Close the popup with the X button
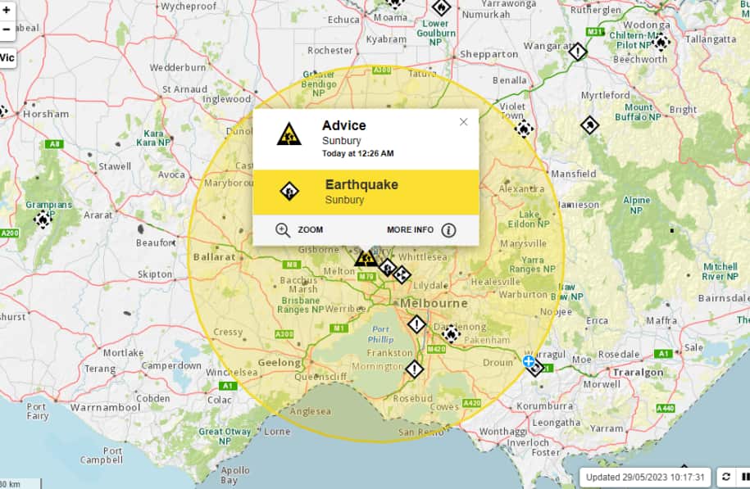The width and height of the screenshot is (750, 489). point(463,122)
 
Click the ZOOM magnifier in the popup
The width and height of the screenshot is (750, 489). point(283,230)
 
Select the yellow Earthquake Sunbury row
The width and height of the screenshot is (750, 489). point(366,192)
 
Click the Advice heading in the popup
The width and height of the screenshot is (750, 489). point(344,125)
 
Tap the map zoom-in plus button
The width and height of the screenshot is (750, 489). point(7,10)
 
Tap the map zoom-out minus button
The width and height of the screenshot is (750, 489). point(7,29)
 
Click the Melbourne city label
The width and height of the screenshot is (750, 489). point(434,303)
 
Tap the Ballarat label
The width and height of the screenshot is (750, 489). point(214,256)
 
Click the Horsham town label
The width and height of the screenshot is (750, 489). point(46,115)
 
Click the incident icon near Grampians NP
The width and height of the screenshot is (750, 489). point(43,220)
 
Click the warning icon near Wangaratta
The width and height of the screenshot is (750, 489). point(578,52)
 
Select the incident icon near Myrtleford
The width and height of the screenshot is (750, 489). point(589,125)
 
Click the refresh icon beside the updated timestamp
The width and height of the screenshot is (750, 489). point(725,477)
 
